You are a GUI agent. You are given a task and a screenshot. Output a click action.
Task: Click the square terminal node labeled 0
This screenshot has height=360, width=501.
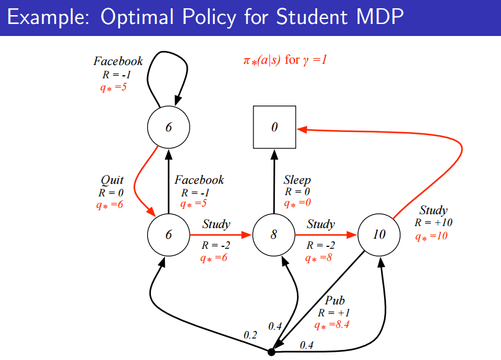coord(274,127)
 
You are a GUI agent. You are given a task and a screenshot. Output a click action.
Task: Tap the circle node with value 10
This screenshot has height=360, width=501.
coord(379,235)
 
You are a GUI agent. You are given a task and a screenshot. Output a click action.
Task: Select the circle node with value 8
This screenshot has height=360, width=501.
coord(274,235)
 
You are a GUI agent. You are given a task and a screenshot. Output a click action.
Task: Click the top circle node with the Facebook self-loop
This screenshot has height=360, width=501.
coord(168,127)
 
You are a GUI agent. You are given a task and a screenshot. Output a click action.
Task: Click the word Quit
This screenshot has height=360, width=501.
coord(112,181)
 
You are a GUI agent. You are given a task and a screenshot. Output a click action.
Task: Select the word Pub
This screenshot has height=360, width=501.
coord(335,301)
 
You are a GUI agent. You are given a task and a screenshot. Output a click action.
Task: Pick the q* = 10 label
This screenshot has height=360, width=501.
coord(432,236)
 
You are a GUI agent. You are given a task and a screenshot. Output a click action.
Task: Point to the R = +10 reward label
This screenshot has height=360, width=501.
coord(433,222)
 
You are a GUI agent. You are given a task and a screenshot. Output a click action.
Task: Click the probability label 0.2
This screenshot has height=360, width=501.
coord(251,334)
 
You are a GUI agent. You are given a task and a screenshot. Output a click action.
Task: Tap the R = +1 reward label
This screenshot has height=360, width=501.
coord(334,313)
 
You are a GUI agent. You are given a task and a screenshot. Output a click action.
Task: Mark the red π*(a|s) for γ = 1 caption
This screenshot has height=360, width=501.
coord(284,61)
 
